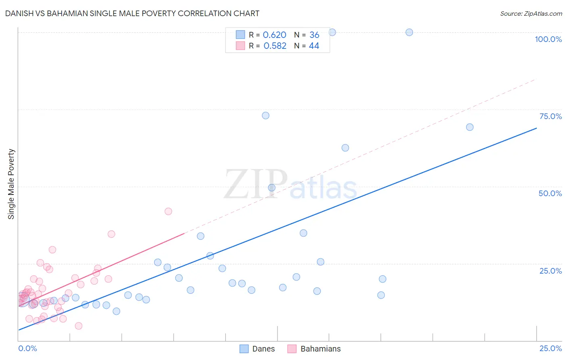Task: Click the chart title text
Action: [x=132, y=13]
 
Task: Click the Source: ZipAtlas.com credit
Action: [x=531, y=13]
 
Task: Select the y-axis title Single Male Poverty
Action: [x=11, y=184]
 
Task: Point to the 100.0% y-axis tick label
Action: [x=548, y=39]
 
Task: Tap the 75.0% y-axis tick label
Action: [x=550, y=116]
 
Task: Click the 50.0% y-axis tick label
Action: [x=550, y=193]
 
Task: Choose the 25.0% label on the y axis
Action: [x=550, y=270]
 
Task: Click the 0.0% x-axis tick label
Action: [x=27, y=348]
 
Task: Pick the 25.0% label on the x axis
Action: [x=550, y=348]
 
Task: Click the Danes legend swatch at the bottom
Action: [x=244, y=349]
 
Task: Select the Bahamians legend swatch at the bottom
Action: [x=292, y=349]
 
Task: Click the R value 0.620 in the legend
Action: [x=275, y=35]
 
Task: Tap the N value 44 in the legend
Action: [x=314, y=46]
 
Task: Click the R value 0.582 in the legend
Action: [x=275, y=46]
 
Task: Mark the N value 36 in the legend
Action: [x=314, y=35]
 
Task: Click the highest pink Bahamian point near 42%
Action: [x=169, y=211]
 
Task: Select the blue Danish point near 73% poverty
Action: [x=265, y=115]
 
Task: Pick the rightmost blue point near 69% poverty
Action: [x=469, y=127]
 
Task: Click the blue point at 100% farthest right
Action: [x=409, y=32]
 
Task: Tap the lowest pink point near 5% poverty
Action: [x=79, y=326]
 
